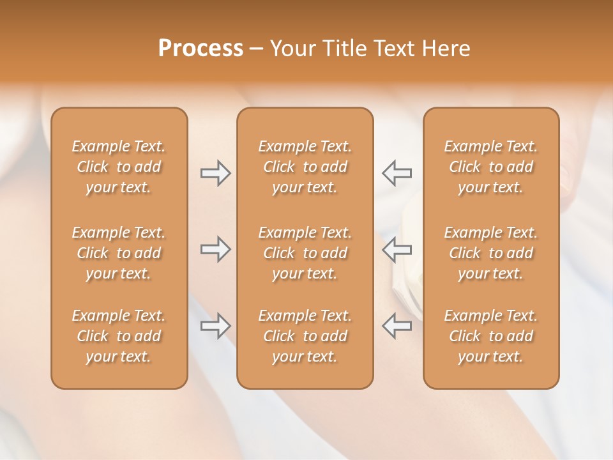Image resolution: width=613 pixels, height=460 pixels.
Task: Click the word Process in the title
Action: point(201,49)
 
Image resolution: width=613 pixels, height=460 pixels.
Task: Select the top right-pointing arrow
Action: point(215,172)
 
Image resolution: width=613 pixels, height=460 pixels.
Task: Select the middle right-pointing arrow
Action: point(215,249)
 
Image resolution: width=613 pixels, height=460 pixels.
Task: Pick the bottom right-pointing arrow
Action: point(215,326)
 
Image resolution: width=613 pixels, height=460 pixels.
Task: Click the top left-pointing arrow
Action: point(397,172)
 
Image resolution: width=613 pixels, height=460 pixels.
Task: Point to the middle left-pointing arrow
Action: point(397,249)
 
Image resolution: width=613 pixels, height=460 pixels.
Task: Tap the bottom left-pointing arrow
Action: point(397,326)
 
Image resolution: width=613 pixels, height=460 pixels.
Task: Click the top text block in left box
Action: point(119,167)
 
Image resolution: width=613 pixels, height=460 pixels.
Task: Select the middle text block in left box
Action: point(119,253)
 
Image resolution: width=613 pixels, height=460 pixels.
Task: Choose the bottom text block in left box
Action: point(119,336)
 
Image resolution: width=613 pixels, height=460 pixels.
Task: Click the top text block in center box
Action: point(305,167)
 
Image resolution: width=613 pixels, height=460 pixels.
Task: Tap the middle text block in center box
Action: point(305,253)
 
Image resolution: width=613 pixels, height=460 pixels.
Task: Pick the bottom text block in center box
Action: point(305,336)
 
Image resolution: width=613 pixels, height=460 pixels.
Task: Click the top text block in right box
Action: point(491,167)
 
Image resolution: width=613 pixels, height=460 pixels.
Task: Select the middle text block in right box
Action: point(491,253)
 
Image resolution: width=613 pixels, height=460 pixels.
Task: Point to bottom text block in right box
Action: point(491,336)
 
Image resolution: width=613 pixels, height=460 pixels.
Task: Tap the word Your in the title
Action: point(291,49)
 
